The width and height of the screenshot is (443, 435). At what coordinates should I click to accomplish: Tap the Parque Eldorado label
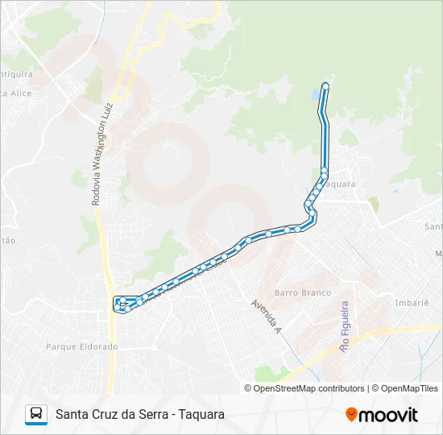pyautogui.click(x=81, y=346)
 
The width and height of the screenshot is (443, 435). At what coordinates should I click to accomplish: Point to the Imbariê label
pyautogui.click(x=411, y=303)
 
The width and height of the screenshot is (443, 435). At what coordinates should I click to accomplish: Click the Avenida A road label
pyautogui.click(x=265, y=317)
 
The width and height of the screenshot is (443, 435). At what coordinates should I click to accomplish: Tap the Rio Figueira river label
pyautogui.click(x=345, y=327)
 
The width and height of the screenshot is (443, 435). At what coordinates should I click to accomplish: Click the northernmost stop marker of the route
pyautogui.click(x=325, y=85)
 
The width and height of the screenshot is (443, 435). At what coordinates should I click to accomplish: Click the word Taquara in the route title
pyautogui.click(x=200, y=414)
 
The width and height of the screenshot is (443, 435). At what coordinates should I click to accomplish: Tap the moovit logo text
pyautogui.click(x=388, y=415)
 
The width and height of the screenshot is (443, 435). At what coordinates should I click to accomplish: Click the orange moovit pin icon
pyautogui.click(x=351, y=415)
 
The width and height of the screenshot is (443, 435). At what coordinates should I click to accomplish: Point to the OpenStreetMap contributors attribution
pyautogui.click(x=304, y=388)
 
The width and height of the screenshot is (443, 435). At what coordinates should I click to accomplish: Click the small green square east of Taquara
pyautogui.click(x=372, y=205)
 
